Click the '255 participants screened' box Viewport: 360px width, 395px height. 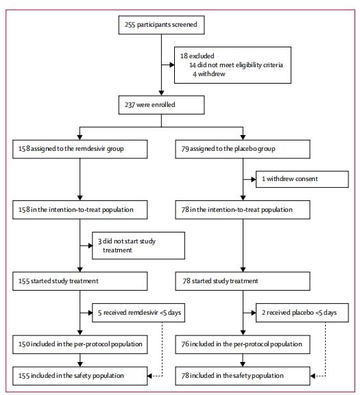[161, 25]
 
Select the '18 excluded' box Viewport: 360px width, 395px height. [232, 65]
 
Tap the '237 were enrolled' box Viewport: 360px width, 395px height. [161, 105]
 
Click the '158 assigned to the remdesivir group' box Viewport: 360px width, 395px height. [80, 149]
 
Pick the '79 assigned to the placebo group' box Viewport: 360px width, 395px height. [243, 149]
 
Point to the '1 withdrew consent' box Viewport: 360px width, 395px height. [302, 179]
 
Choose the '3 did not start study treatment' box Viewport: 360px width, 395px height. [139, 246]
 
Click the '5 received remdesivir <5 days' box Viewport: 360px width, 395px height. [139, 313]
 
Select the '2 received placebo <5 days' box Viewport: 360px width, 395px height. [302, 313]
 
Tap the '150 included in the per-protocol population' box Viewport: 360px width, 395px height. [80, 344]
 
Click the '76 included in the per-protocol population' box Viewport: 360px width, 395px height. [243, 344]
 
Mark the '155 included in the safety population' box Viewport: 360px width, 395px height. [80, 376]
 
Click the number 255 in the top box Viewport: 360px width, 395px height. [130, 25]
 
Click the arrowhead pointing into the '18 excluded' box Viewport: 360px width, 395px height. [172, 65]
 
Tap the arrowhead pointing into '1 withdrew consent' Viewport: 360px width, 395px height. [254, 180]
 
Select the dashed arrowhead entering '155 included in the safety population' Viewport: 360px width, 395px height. [149, 376]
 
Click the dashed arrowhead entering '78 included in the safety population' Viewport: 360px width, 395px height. [313, 376]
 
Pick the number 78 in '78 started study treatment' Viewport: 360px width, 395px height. [187, 281]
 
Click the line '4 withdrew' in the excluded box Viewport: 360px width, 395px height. [209, 74]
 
